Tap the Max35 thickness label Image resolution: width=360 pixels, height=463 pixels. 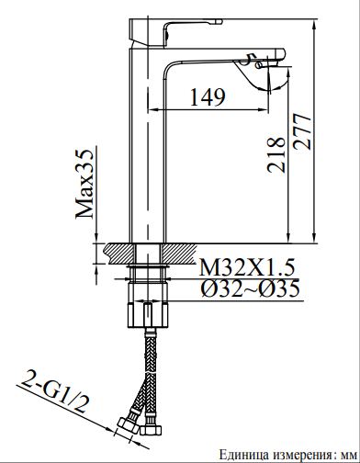(x=86, y=183)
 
